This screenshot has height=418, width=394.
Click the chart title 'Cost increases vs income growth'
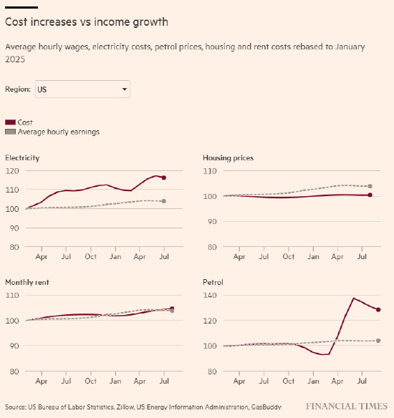click(87, 22)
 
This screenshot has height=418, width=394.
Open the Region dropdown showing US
click(82, 89)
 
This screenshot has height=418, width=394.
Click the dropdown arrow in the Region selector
click(125, 89)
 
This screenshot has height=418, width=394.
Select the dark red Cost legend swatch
click(11, 122)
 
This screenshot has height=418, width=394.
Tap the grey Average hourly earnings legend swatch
click(11, 132)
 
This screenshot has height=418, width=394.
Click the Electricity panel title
click(22, 157)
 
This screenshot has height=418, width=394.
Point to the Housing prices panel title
click(228, 157)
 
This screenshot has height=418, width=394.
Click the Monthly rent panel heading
click(27, 282)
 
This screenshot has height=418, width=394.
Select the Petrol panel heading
click(213, 282)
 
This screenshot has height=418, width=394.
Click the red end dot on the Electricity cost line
click(164, 178)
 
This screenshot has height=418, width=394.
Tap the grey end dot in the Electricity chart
click(164, 201)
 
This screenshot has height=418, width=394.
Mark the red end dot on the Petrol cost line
click(378, 310)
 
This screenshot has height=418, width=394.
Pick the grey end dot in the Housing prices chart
click(370, 186)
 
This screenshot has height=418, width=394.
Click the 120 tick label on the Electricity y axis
click(12, 171)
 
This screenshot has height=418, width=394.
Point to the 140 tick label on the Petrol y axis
click(211, 296)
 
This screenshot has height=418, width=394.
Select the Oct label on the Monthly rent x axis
click(91, 381)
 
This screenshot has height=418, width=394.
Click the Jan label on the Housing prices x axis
click(313, 256)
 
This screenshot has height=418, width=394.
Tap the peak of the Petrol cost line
click(354, 298)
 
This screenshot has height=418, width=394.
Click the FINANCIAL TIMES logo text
click(347, 407)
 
